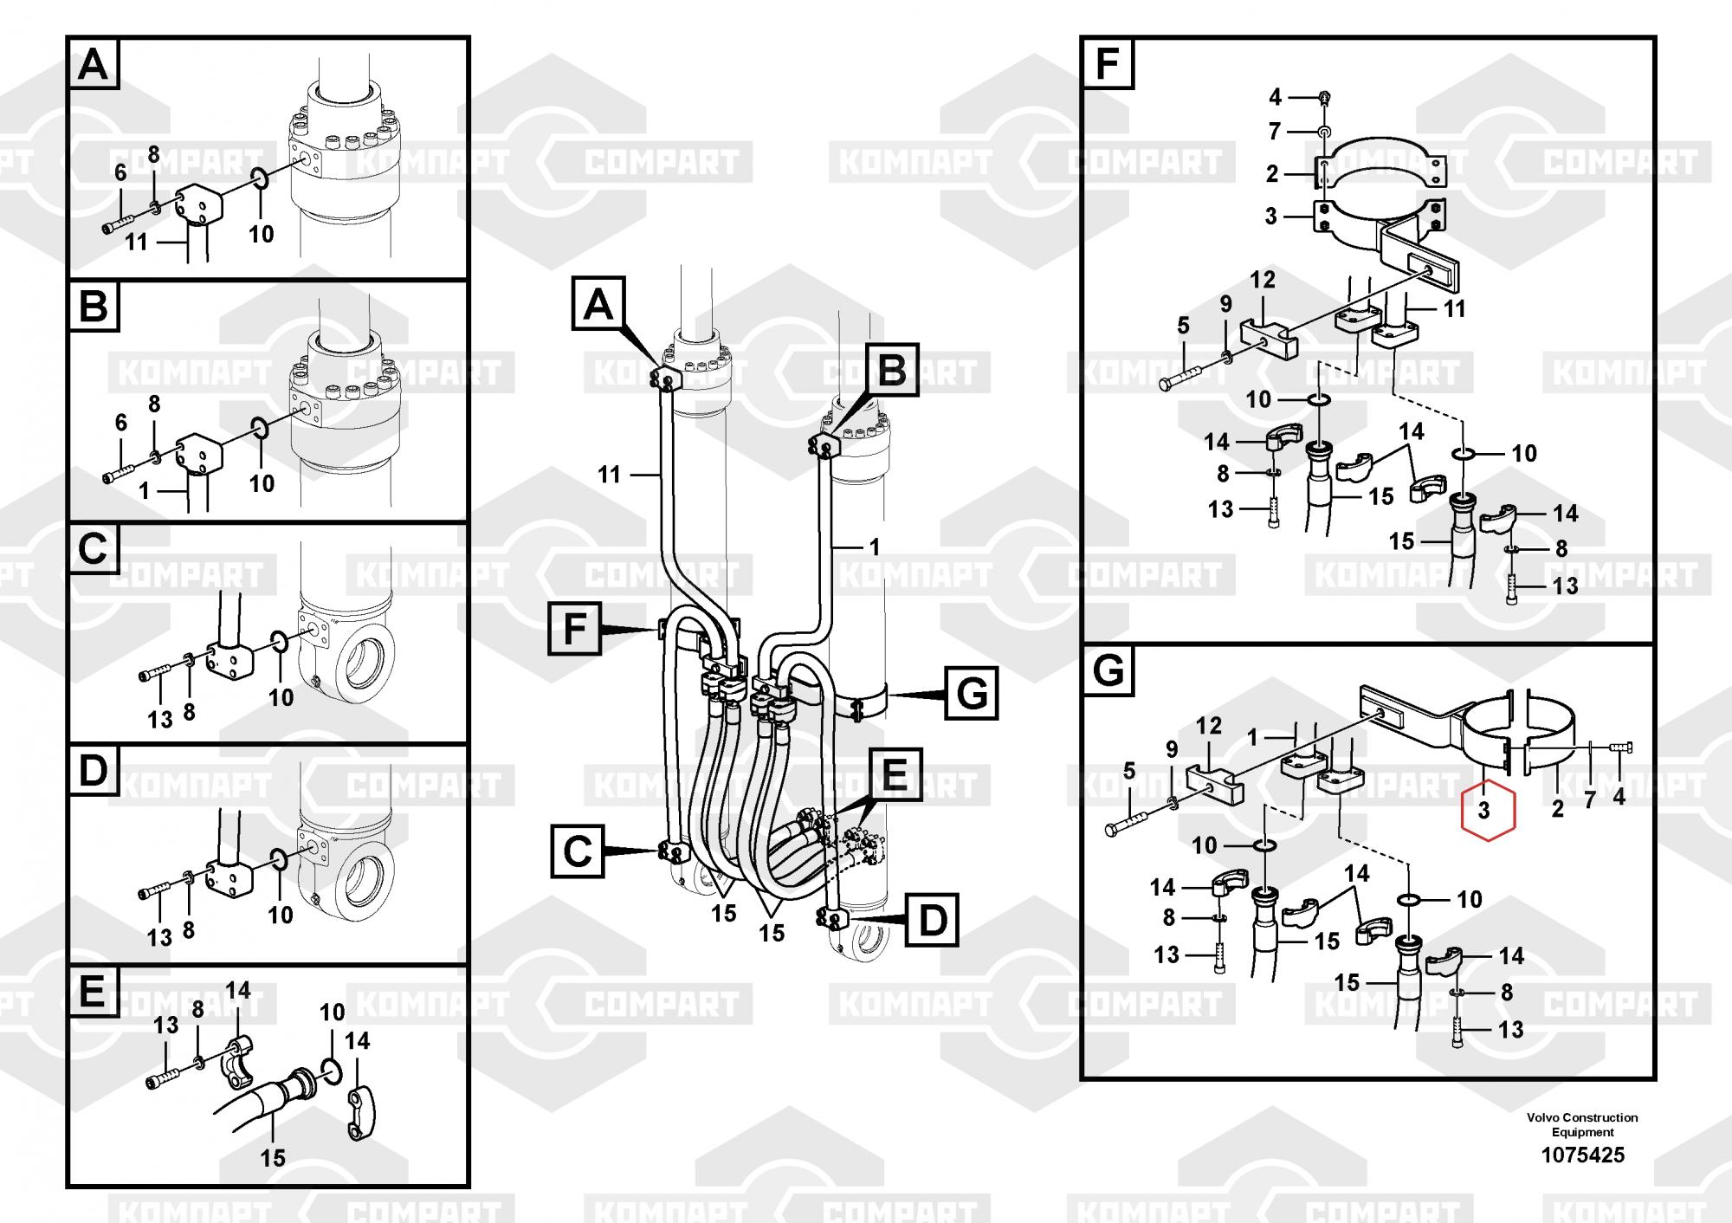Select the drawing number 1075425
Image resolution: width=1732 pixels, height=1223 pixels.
[1582, 1155]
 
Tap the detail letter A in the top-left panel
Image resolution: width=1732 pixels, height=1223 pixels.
[94, 64]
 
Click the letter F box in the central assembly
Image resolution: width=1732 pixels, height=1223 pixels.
[575, 628]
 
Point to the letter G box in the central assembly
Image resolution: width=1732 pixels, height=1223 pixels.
[971, 693]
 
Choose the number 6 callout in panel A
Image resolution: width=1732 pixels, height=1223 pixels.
[120, 172]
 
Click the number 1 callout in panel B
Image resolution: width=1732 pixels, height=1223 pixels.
[144, 491]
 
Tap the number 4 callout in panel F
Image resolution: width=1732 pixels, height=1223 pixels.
[1275, 95]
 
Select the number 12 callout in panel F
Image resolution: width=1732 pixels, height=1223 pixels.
[1263, 280]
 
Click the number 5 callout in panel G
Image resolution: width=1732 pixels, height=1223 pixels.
[1128, 770]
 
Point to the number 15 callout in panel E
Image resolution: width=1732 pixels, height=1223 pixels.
[273, 1157]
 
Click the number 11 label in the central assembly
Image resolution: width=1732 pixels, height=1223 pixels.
[610, 474]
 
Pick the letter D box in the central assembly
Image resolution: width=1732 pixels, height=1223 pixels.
[932, 920]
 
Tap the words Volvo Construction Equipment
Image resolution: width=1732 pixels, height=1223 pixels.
[1582, 1124]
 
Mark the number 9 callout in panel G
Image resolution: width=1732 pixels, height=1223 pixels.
[1172, 749]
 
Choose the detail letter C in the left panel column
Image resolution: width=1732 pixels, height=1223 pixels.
[94, 549]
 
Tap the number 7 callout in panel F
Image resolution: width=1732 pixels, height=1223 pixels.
[1275, 132]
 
